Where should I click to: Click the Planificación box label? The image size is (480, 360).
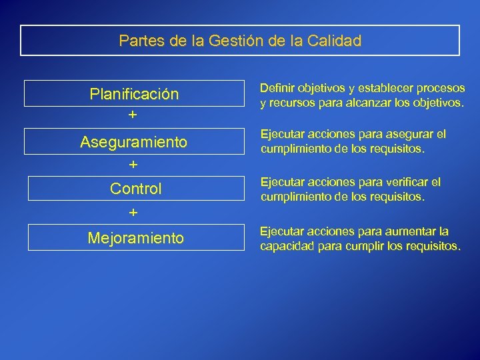134,94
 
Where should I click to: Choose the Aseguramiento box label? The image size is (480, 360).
134,141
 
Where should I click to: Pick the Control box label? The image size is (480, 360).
135,189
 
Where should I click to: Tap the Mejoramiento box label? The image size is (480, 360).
136,237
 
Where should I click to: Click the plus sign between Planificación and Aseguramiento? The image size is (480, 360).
133,115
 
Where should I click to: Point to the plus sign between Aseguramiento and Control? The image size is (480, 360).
133,164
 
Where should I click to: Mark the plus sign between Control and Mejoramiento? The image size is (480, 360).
133,213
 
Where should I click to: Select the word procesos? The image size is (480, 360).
441,89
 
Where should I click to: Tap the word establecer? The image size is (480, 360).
387,89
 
